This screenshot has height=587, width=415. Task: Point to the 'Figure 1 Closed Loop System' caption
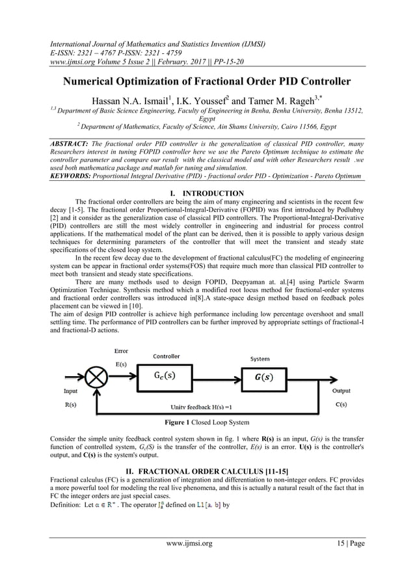[x=207, y=422]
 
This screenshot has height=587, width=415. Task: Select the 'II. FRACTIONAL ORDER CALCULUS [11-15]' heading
[x=207, y=469]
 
